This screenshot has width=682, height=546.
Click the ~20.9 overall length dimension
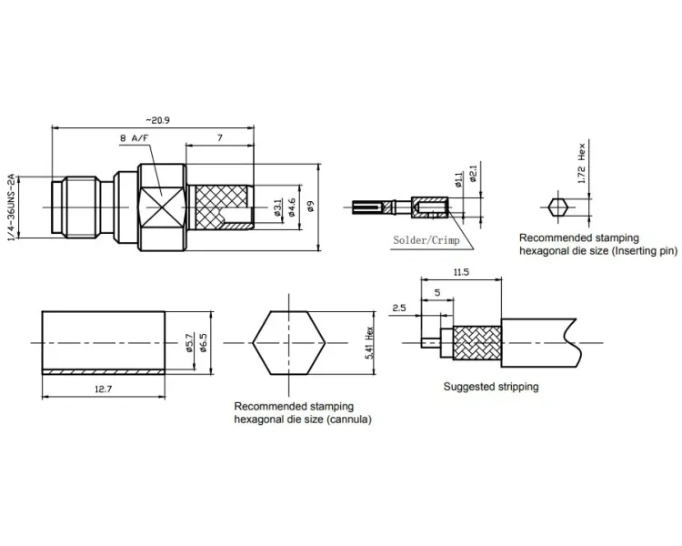pos(157,120)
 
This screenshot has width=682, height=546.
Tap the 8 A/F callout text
pos(134,138)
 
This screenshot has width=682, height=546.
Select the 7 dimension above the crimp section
pos(220,137)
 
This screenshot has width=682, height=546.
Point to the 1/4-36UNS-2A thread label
pos(12,207)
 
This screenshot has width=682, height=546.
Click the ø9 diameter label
pos(311,207)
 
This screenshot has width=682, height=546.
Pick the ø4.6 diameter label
pos(292,207)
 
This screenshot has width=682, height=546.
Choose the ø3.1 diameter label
pos(277,207)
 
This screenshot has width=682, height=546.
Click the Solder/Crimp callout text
pos(426,240)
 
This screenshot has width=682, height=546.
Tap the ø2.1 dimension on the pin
pos(474,173)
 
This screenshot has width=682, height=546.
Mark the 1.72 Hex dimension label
pos(582,164)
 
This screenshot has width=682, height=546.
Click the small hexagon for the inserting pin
pos(557,207)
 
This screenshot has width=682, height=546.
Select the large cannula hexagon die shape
pos(289,343)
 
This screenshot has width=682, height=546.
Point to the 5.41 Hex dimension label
pos(370,343)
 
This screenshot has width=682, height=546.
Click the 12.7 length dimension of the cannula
pos(103,389)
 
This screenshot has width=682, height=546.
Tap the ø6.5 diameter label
pos(203,343)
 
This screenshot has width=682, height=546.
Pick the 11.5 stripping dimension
pos(461,272)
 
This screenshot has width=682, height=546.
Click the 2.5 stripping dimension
pos(399,308)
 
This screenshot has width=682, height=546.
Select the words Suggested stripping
pos(491,387)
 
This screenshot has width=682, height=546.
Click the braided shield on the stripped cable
pos(477,343)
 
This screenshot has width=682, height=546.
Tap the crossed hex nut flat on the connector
pos(162,207)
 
